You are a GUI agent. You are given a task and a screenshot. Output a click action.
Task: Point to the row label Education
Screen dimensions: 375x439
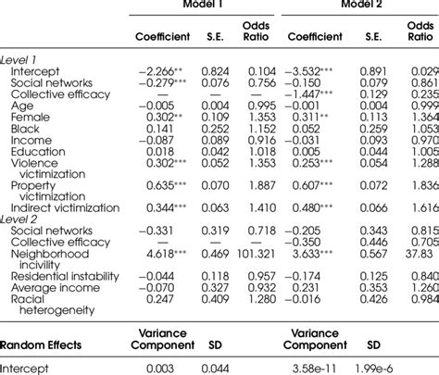coord(40,151)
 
